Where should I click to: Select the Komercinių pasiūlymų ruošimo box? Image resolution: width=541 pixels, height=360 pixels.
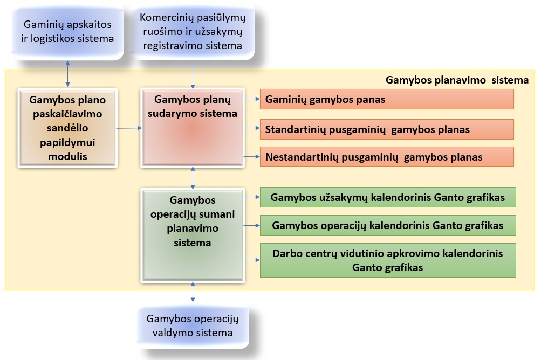pos(193,31)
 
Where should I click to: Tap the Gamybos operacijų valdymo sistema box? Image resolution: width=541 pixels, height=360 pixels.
pos(193,326)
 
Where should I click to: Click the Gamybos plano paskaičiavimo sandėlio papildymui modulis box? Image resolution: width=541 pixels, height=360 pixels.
pos(67,128)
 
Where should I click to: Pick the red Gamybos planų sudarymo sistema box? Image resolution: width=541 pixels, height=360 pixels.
pos(193,128)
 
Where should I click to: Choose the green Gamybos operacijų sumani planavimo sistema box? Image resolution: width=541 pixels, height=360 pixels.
pos(193,235)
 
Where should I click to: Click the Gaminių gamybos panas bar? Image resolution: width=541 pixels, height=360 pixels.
pos(387,99)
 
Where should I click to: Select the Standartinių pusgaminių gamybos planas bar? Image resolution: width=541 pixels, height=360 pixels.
pos(387,129)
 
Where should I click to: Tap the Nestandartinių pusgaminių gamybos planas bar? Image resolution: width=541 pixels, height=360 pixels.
pos(387,156)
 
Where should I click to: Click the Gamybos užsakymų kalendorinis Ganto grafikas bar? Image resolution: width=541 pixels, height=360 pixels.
pos(388,197)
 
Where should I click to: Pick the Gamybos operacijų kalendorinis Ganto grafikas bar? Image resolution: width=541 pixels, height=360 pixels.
pos(388,225)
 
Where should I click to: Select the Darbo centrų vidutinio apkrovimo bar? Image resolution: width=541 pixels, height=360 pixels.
pos(388,260)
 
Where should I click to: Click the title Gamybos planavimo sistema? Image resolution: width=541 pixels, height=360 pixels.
pos(457,80)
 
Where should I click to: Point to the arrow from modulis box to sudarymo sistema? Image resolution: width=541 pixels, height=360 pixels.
pos(129,128)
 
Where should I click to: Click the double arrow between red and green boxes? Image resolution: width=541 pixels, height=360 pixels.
pos(193,178)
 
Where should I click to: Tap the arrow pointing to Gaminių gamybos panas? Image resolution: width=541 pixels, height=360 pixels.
pos(251,99)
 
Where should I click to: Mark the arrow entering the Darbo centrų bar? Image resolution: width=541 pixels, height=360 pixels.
pos(251,260)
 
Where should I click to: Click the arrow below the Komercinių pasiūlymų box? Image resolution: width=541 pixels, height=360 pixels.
pos(193,78)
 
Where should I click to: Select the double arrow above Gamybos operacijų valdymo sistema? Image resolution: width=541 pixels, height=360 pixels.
pos(193,292)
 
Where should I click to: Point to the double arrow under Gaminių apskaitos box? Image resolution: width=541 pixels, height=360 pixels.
pos(67,74)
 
